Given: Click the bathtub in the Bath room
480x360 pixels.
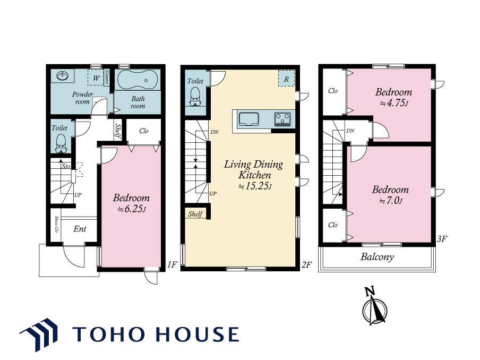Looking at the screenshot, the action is click(138, 80).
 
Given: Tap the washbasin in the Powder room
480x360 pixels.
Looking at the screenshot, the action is click(63, 75).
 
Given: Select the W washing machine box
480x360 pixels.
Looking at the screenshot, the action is click(96, 78).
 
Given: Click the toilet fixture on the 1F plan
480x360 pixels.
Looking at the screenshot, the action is click(61, 143).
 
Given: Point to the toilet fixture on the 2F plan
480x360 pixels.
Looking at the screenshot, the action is click(195, 96).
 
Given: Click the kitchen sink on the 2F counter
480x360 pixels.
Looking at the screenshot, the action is click(249, 119).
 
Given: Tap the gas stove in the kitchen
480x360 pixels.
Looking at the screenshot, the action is click(282, 119).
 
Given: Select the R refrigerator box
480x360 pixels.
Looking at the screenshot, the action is click(286, 79).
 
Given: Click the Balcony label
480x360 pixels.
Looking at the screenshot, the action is click(377, 257).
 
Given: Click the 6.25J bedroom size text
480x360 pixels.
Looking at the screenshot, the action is click(131, 209).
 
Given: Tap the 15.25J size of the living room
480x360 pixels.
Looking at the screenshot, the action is click(255, 186).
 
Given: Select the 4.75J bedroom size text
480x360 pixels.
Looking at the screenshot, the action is click(395, 103).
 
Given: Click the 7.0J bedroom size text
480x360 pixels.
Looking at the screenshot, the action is click(391, 201).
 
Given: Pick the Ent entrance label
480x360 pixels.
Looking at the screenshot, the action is click(80, 229).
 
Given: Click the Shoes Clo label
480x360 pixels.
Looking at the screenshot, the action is click(57, 225).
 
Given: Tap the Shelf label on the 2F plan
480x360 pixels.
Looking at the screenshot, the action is click(195, 213).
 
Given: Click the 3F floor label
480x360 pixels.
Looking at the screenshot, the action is click(442, 239).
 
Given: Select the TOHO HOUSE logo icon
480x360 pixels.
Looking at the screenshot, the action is click(39, 335).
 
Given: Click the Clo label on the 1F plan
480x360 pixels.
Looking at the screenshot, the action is click(143, 131).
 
